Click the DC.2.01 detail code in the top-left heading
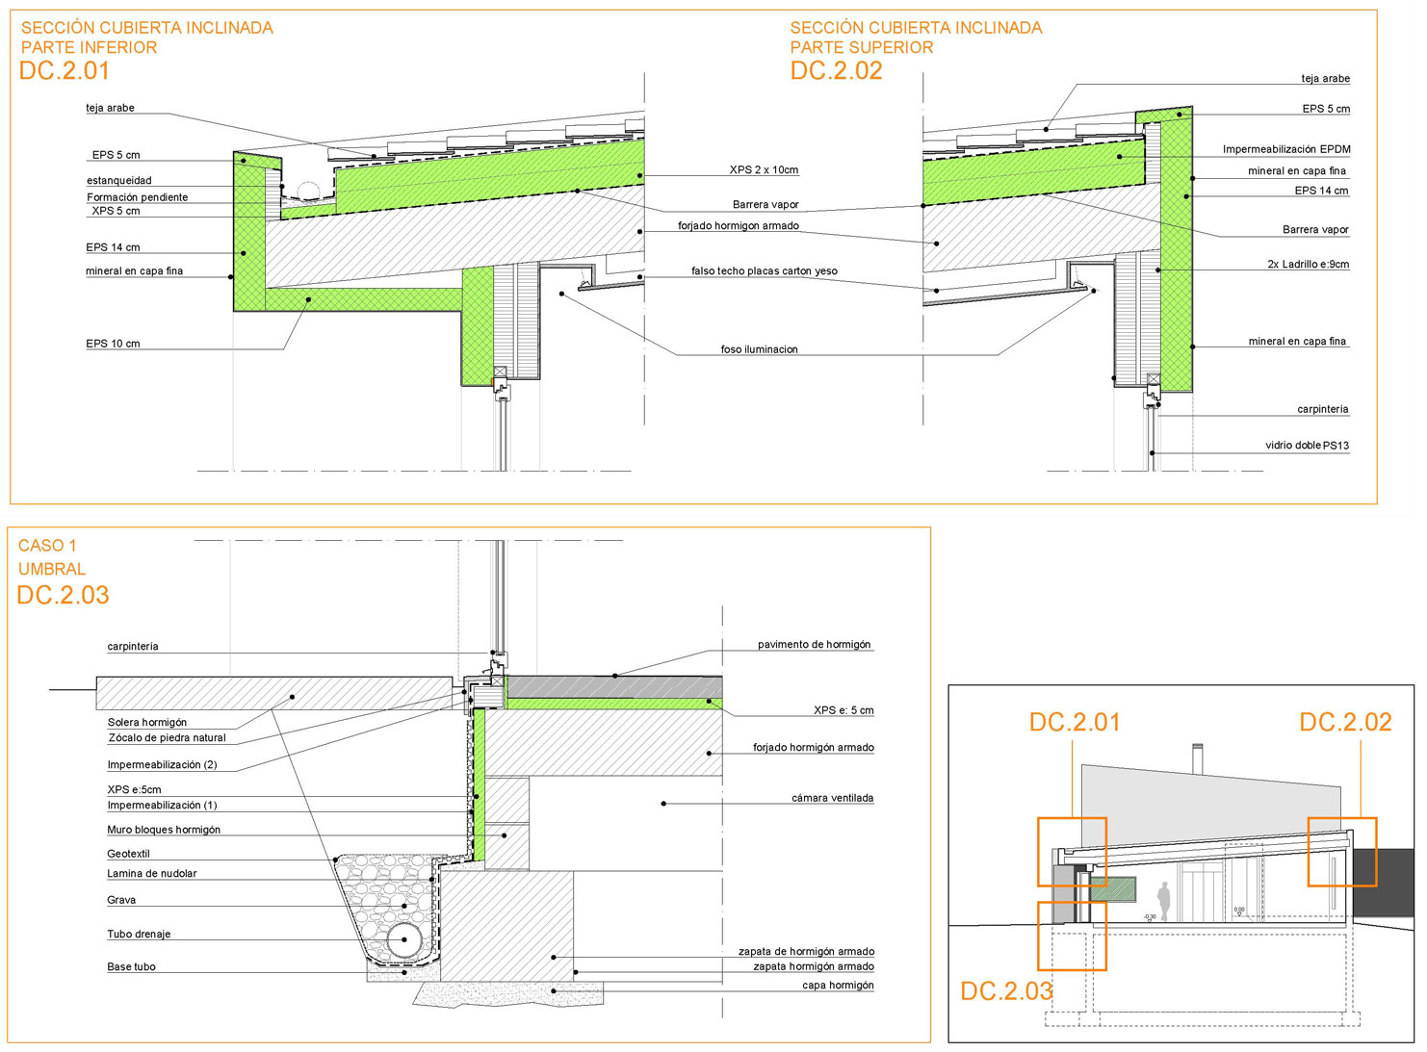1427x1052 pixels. point(65,70)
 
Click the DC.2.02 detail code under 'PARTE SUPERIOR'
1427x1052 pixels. point(836,70)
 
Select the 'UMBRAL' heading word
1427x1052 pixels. point(52,569)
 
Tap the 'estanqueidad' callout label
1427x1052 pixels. point(119,181)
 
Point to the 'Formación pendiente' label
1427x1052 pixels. point(138,197)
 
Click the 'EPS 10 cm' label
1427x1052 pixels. point(113,344)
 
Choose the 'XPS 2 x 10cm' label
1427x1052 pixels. point(764,170)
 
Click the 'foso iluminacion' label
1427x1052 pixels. point(759,349)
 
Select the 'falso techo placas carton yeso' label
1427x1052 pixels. point(764,271)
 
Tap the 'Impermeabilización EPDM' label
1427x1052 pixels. point(1286,149)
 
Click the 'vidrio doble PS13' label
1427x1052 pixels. point(1307,446)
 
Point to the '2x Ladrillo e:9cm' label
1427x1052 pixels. point(1308,264)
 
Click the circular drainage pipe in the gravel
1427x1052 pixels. point(404,939)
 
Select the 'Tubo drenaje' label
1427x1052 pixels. point(139,935)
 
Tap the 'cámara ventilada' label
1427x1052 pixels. point(832,798)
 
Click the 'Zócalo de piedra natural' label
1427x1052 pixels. point(167,738)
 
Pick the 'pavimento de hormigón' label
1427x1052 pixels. point(814,645)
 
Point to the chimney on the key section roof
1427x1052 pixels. point(1198,758)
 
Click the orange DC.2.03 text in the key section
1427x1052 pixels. point(1006,991)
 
